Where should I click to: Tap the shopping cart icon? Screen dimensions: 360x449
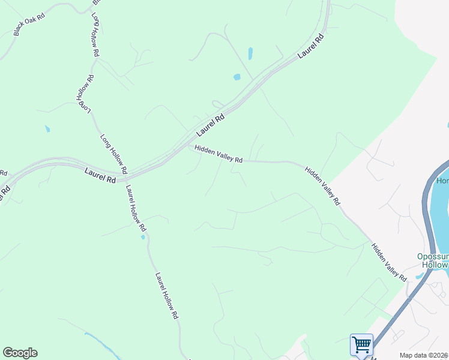361,345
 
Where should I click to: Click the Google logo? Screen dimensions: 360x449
20,353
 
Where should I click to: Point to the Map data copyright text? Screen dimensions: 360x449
423,355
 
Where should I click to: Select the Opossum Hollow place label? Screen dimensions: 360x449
432,260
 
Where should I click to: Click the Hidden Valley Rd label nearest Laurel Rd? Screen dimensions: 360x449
218,154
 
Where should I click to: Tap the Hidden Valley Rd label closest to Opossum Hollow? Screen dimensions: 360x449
388,262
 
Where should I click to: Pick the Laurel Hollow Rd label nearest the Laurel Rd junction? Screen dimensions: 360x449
135,208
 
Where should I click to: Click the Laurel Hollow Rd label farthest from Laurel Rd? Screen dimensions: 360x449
167,296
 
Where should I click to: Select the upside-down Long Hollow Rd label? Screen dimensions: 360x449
85,94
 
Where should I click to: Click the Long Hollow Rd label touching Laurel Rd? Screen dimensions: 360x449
113,154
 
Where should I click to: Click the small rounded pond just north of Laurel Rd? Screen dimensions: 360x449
237,77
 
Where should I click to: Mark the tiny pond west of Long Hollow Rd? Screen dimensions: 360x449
47,128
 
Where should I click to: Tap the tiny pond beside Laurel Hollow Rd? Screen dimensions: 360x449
142,237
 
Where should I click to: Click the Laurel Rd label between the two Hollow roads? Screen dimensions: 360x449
100,176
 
